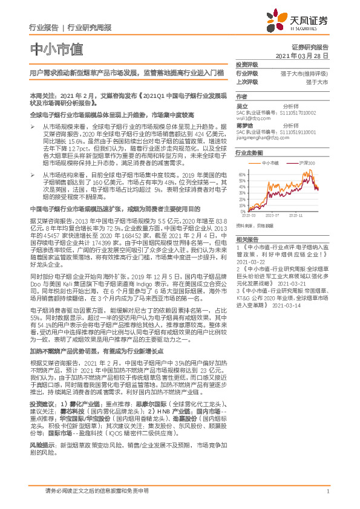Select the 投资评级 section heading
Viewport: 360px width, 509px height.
[246, 64]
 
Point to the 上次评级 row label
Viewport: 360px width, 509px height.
[246, 81]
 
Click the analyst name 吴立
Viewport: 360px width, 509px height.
[241, 105]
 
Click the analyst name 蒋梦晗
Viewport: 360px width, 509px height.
[243, 125]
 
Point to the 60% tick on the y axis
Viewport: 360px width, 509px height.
[242, 175]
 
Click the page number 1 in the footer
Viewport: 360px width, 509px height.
[327, 491]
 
